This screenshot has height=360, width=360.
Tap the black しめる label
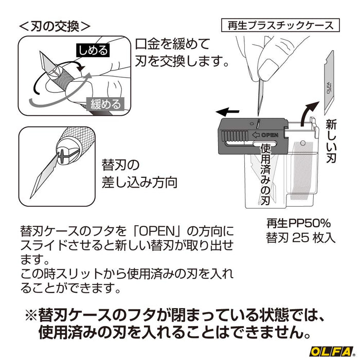click(93, 50)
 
